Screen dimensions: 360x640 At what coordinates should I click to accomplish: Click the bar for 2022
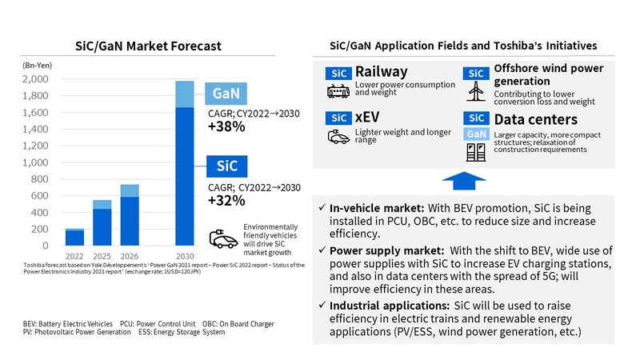[x=74, y=238]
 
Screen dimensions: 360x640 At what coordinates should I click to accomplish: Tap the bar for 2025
[x=102, y=226]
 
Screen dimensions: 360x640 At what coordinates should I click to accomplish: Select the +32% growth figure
[x=226, y=201]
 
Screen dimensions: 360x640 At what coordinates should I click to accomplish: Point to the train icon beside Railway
[x=337, y=90]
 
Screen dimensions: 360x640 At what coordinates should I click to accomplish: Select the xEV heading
[x=368, y=117]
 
